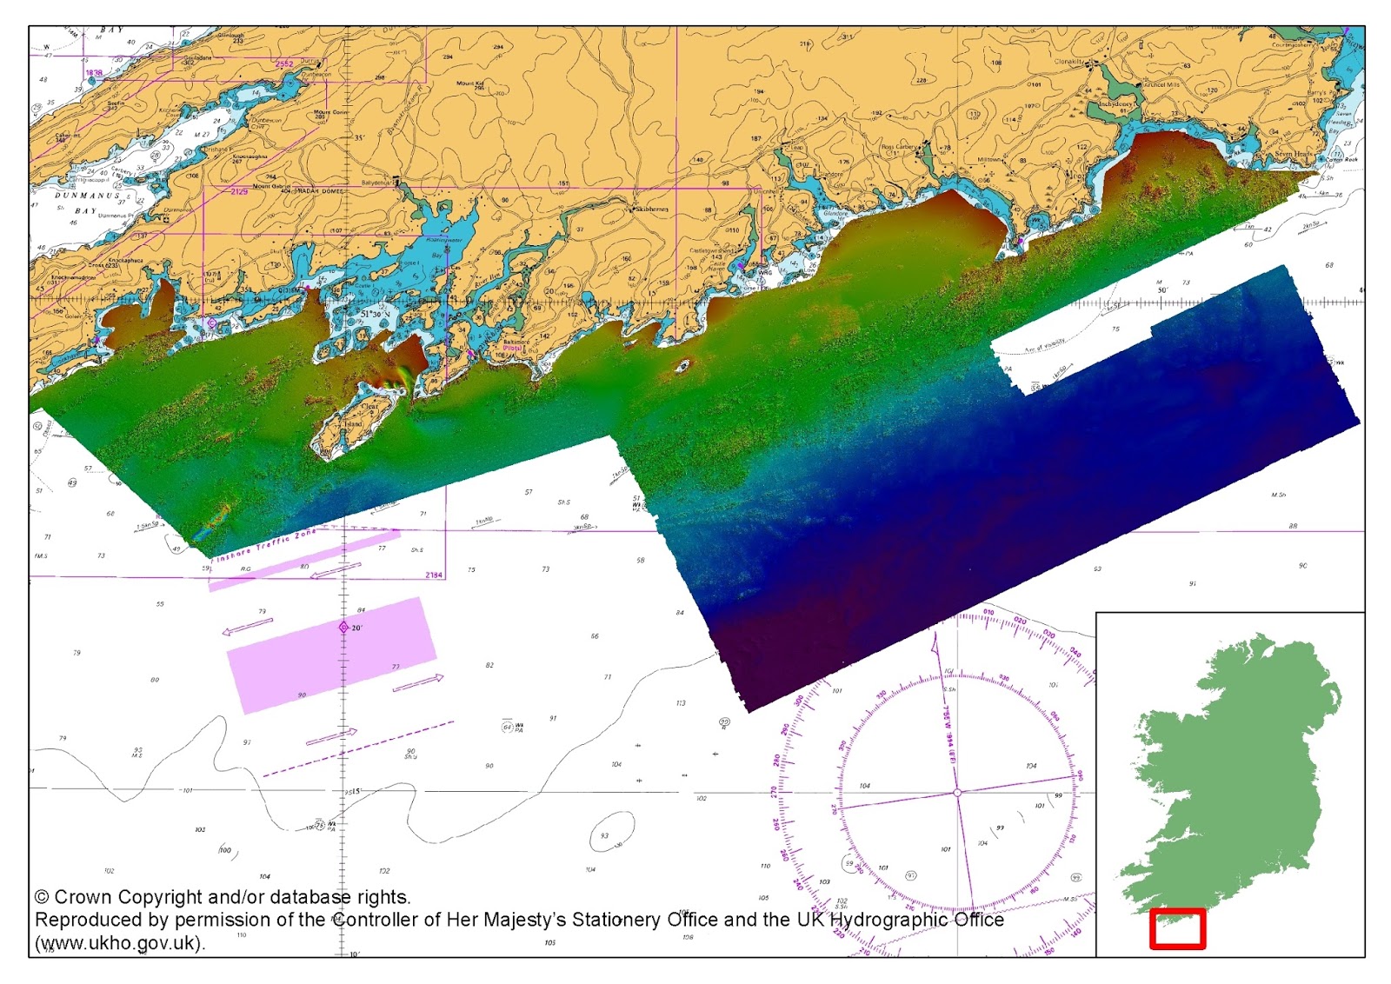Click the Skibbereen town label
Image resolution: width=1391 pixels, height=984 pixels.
point(651,209)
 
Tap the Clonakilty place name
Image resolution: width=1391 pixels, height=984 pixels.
point(1069,63)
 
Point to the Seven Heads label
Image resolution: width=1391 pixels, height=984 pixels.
point(1294,154)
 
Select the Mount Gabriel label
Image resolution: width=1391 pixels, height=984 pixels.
point(271,186)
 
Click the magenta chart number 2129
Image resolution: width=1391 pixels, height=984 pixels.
point(239,191)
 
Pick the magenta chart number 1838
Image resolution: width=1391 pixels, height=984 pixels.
point(94,73)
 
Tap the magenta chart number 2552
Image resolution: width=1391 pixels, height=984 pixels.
point(284,64)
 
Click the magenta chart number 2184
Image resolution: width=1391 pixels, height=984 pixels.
point(434,575)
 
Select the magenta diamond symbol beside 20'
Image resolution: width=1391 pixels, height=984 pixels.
point(343,627)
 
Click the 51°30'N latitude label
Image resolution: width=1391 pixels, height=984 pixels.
point(382,314)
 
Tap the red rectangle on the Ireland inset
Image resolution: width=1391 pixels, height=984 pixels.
point(1177,928)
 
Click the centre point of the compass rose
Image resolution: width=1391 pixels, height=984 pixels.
point(957,793)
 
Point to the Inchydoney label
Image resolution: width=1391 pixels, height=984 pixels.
point(1115,104)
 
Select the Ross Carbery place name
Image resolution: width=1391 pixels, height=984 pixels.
point(899,147)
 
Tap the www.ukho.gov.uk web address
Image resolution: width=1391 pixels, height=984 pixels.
point(119,943)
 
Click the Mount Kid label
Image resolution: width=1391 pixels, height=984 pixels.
point(469,84)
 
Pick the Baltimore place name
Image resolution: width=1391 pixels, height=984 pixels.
point(516,342)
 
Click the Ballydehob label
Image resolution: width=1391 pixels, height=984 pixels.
point(377,183)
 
